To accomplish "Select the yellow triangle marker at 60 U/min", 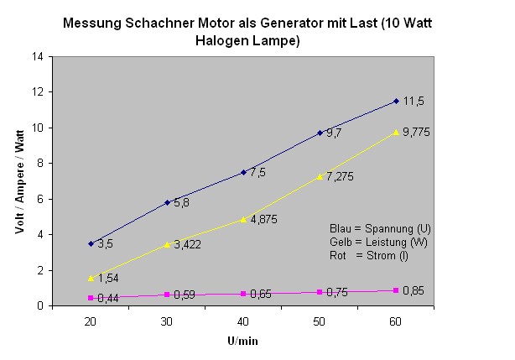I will tap(396, 132).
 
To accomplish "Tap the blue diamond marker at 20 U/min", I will tap(91, 243).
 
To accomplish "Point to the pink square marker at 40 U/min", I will tap(243, 294).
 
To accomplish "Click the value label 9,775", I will tap(417, 133).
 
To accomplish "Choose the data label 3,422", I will tap(189, 245).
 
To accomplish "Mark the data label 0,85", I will tap(413, 291).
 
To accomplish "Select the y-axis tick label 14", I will tap(38, 57).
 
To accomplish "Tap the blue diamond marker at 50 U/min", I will tap(320, 133).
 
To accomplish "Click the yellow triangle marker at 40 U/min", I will tap(243, 219).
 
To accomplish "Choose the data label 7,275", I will tap(341, 178).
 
